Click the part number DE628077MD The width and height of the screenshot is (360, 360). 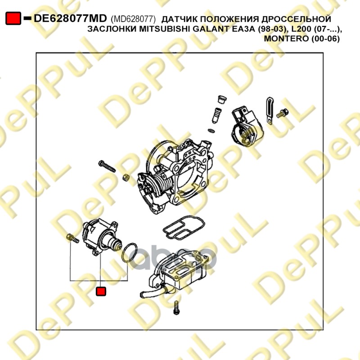[x=70, y=18]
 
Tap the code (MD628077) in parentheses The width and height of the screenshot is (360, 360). [x=133, y=19]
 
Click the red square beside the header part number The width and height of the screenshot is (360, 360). [x=13, y=18]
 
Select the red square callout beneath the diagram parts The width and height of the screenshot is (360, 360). [x=101, y=291]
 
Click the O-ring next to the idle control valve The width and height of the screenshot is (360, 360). [x=129, y=252]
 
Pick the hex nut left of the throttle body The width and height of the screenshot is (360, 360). [x=126, y=177]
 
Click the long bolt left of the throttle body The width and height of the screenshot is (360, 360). [x=107, y=166]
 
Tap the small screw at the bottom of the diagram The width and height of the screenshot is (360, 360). [x=176, y=308]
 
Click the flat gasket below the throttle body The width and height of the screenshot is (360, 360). [x=184, y=227]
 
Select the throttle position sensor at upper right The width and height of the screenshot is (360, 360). [x=247, y=126]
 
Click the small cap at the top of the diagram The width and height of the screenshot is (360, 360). [x=222, y=99]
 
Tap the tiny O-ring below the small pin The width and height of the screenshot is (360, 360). [x=211, y=131]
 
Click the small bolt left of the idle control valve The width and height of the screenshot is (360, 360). [x=72, y=238]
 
